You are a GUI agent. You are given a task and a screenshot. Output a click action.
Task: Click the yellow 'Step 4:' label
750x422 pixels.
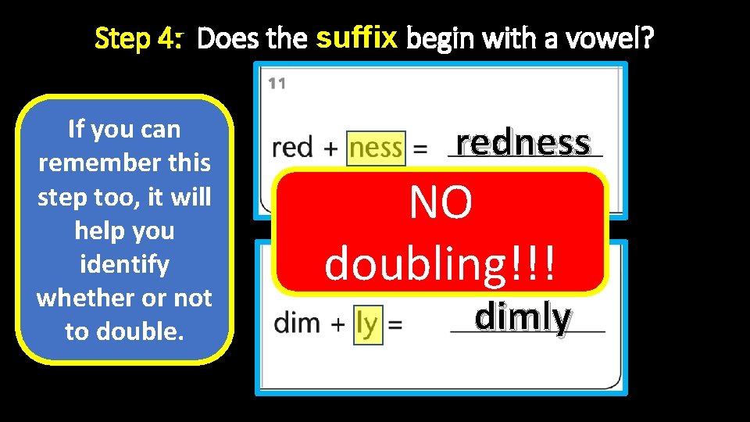click(138, 38)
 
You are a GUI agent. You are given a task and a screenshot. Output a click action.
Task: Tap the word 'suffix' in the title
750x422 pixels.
click(358, 35)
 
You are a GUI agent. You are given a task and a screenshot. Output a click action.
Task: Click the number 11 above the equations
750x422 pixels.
click(277, 84)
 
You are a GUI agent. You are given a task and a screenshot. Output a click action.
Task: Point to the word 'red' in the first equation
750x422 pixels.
click(293, 148)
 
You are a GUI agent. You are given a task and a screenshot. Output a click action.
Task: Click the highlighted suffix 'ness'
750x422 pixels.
click(376, 148)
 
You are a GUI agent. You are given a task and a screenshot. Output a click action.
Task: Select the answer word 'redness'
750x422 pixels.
click(523, 141)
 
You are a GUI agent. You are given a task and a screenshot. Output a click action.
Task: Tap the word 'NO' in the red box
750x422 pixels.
click(441, 203)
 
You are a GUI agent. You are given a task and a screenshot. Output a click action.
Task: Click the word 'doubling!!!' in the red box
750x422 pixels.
click(441, 263)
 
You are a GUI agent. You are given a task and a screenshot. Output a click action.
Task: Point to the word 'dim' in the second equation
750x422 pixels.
click(298, 323)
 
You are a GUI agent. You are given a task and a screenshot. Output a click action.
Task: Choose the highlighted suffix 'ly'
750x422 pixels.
click(366, 323)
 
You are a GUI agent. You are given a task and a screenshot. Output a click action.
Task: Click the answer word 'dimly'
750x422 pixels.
click(523, 316)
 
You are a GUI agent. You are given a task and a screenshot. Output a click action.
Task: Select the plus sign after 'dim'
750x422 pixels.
click(337, 324)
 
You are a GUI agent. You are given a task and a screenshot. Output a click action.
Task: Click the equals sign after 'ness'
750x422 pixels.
click(420, 148)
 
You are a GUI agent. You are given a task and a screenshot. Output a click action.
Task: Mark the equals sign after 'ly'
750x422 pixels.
click(395, 324)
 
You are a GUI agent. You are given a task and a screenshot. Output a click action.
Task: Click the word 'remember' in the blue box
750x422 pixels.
click(84, 163)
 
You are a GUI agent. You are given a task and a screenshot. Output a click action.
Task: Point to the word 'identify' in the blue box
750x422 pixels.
click(124, 264)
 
